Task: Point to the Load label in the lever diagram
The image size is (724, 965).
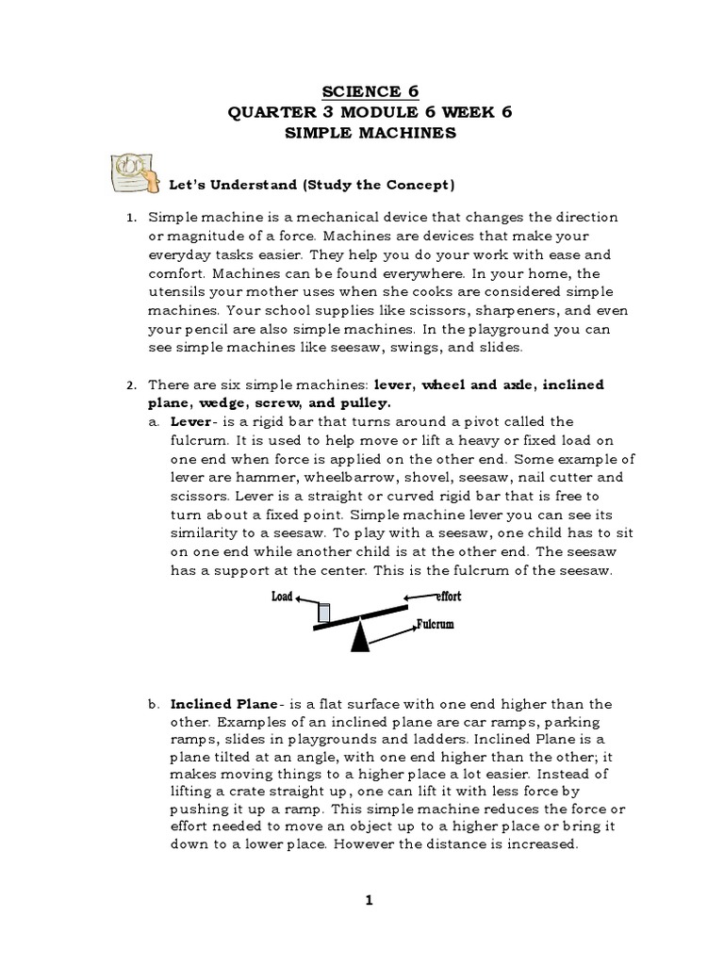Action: pyautogui.click(x=282, y=597)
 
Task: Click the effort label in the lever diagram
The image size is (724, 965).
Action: pyautogui.click(x=448, y=597)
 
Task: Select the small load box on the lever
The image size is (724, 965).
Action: pyautogui.click(x=324, y=613)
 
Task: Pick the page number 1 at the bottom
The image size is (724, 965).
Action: pyautogui.click(x=370, y=900)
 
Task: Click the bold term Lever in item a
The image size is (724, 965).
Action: pyautogui.click(x=190, y=421)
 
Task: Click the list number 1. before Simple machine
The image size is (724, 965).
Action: pyautogui.click(x=132, y=218)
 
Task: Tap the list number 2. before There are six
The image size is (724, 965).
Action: pyautogui.click(x=132, y=385)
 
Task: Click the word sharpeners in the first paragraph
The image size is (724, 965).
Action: pyautogui.click(x=456, y=311)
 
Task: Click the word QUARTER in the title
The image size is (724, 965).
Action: pyautogui.click(x=269, y=112)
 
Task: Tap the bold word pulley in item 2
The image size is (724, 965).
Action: pyautogui.click(x=367, y=402)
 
